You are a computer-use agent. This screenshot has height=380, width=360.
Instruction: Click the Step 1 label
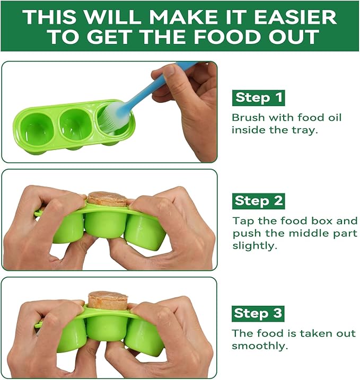pos(258,98)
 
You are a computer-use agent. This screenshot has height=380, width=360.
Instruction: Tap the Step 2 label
pos(258,201)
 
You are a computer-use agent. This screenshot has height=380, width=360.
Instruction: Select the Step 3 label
pos(258,313)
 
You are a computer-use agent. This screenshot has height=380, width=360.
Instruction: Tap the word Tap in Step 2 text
pos(242,220)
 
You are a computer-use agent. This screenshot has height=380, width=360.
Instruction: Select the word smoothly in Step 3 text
pos(260,346)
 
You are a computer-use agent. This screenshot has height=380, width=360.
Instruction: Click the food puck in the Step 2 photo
pos(107,199)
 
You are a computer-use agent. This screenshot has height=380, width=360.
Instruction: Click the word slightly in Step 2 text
pos(254,246)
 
